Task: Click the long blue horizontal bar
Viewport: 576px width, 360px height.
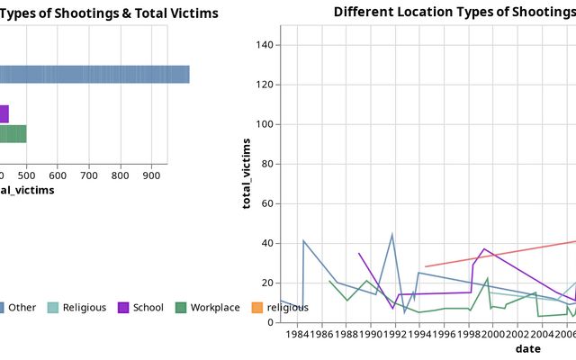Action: (94, 75)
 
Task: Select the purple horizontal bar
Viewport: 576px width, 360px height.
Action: (4, 113)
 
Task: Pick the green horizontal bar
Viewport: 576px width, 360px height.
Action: (13, 133)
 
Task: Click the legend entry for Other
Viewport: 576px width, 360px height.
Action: (22, 308)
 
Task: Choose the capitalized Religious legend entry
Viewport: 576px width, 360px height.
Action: (84, 308)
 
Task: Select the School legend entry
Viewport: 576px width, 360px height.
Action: (148, 308)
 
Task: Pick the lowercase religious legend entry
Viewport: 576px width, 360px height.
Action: (287, 308)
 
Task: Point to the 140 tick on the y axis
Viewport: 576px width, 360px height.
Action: (269, 45)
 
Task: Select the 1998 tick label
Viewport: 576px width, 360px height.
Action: (469, 335)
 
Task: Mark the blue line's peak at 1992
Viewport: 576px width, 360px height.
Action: (392, 234)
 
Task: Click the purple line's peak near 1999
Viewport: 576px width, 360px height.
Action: (483, 248)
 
